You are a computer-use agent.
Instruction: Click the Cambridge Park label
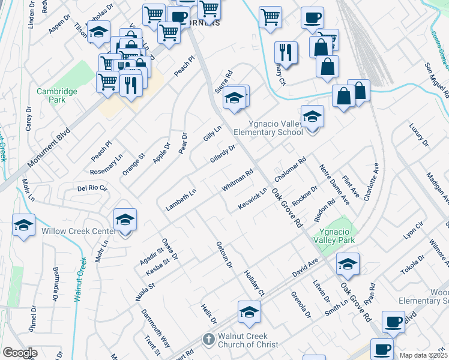[57, 95]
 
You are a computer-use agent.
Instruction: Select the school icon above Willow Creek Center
[125, 220]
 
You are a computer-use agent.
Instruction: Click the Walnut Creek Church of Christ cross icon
[208, 340]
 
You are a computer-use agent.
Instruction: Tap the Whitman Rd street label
[238, 180]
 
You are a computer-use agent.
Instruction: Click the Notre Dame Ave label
[334, 185]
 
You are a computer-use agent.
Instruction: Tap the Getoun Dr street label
[224, 255]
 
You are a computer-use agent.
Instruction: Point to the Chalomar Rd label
[290, 170]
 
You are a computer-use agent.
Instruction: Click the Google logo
[19, 353]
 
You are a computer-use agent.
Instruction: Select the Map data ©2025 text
[424, 355]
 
